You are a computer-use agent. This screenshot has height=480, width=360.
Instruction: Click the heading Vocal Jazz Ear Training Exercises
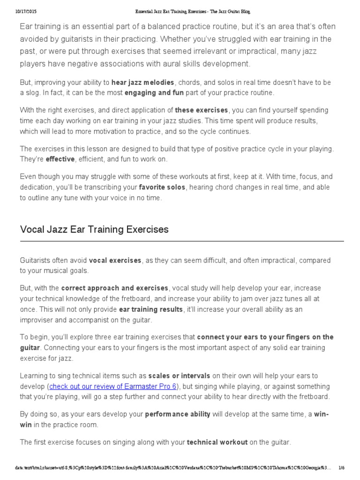click(94, 230)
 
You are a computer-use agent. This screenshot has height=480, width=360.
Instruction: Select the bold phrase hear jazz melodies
click(142, 82)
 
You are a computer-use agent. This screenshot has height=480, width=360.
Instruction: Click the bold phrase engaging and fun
click(154, 92)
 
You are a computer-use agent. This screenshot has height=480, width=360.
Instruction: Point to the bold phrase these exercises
click(201, 110)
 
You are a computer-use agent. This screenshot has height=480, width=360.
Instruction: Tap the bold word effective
click(60, 159)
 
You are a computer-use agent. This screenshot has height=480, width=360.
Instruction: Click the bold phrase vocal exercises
click(115, 260)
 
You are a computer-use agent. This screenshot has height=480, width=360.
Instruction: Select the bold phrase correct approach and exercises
click(114, 288)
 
